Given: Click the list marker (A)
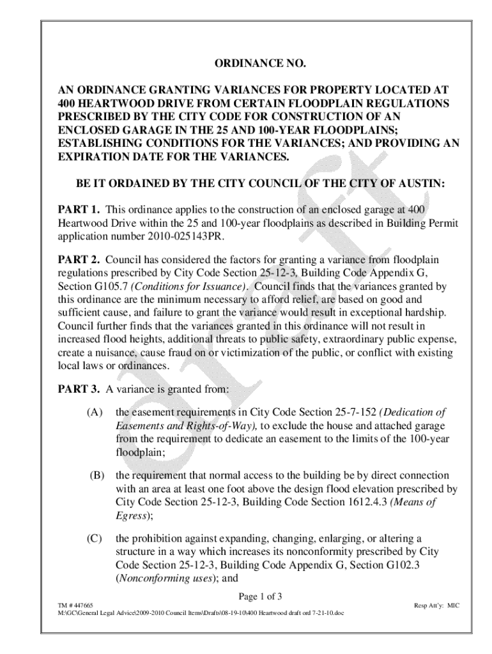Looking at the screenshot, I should (95, 412).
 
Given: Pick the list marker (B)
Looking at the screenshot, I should (96, 476).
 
